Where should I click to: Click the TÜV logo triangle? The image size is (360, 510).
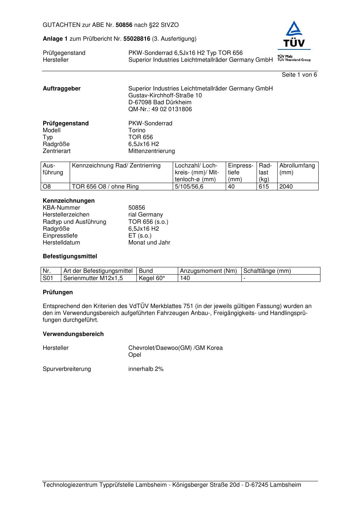294,29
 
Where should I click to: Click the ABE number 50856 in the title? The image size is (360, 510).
124,25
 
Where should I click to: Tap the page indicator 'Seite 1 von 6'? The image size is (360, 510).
299,75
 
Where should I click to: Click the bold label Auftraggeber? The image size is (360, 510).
62,89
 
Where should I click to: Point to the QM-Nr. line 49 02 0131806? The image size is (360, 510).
160,109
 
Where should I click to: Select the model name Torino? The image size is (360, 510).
137,130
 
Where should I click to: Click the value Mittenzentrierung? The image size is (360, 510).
151,151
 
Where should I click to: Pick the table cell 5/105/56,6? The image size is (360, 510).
189,187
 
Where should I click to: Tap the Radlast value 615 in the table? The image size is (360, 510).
264,187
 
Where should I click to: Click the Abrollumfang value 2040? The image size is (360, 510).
286,187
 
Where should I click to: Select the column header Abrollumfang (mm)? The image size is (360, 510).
297,169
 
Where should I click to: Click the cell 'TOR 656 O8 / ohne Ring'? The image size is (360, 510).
105,187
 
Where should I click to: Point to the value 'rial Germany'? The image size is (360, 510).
146,215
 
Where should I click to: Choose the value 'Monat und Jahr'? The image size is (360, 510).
149,243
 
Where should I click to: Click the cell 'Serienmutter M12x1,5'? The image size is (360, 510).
93,278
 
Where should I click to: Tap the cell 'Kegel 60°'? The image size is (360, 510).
152,278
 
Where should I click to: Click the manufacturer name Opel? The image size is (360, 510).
135,355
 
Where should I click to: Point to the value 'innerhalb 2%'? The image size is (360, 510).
146,369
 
